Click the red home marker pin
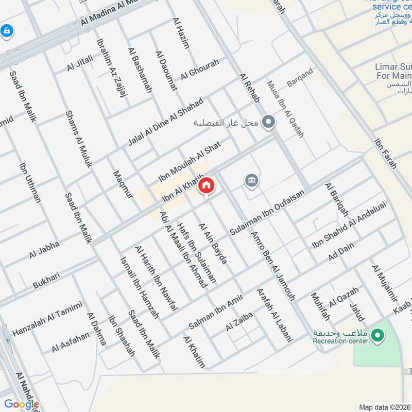point(206,186)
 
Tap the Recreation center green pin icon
point(378,335)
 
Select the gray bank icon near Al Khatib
point(251,180)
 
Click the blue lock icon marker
point(7,31)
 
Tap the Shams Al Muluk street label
point(78,139)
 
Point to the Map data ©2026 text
point(384,407)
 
